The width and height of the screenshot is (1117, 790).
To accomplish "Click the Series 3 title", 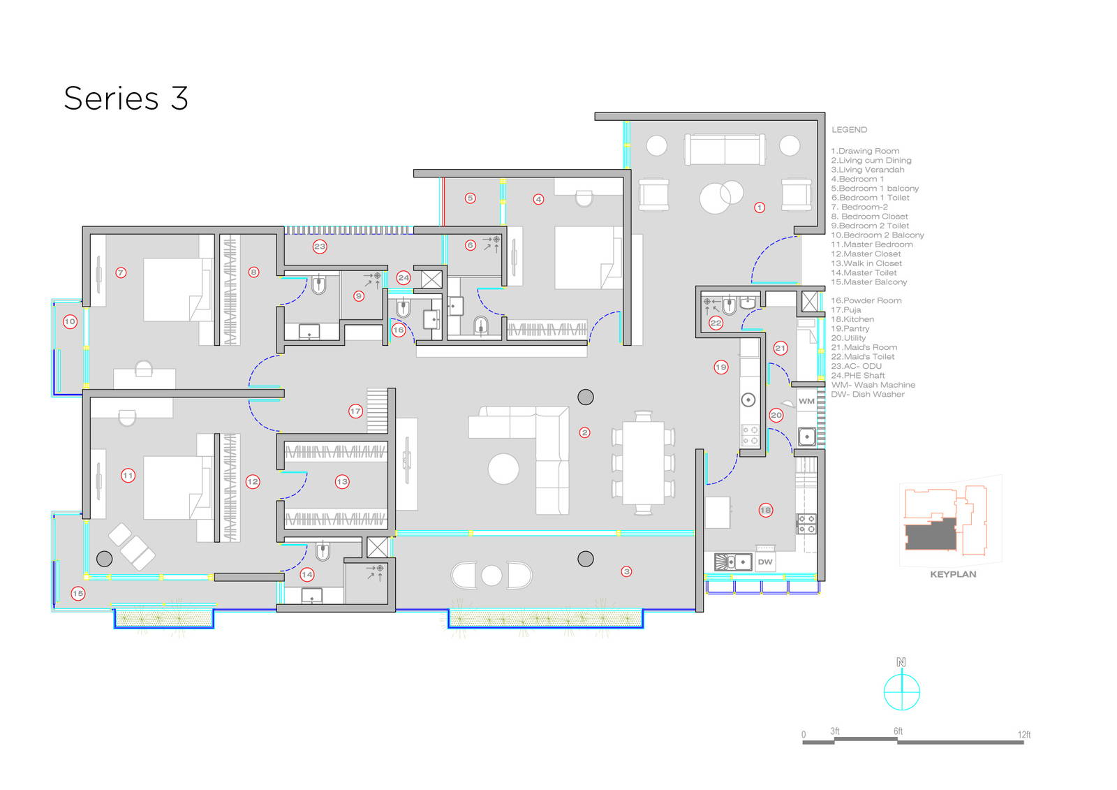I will (x=126, y=98).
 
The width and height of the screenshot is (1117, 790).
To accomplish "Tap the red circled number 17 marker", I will (x=355, y=411).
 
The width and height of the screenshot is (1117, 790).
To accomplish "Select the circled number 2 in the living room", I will (x=584, y=432).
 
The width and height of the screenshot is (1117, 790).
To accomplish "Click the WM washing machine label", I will (x=806, y=401).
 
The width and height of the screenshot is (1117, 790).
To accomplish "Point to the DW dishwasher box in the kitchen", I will (x=765, y=562).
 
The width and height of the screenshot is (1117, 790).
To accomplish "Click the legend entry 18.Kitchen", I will (x=852, y=319).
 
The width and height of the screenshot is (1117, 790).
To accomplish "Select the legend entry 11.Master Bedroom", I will (x=871, y=244).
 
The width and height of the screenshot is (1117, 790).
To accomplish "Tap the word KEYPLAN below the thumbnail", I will (x=952, y=574).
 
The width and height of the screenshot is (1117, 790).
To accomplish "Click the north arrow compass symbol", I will (x=901, y=692).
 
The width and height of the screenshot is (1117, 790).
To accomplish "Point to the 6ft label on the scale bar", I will (x=898, y=731).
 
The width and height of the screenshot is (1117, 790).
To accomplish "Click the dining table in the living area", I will (x=643, y=462).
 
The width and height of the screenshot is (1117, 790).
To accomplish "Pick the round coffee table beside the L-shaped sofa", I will (x=503, y=469).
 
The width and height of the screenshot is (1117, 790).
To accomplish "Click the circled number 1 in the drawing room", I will (x=760, y=207).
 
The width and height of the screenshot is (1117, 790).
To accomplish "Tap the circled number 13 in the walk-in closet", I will (x=341, y=481).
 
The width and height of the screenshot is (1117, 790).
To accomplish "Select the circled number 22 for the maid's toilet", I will (x=716, y=323).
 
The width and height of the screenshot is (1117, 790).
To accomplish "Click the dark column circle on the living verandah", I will (x=586, y=558).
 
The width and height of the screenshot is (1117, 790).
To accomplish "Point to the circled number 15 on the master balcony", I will (x=77, y=593).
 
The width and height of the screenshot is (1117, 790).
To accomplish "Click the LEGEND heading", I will (x=849, y=130).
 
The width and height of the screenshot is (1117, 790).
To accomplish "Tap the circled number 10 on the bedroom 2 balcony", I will (x=70, y=322).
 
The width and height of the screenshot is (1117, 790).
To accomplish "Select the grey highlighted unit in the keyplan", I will (x=930, y=536).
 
